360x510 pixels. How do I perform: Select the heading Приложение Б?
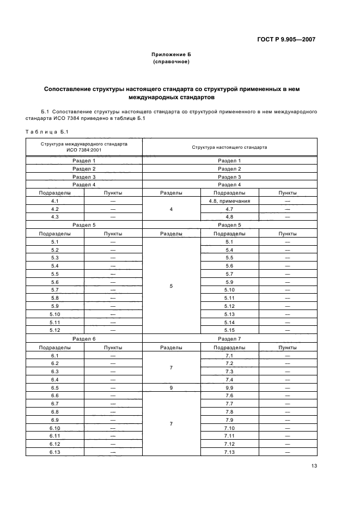[x=171, y=54]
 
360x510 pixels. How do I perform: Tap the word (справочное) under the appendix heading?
[x=171, y=62]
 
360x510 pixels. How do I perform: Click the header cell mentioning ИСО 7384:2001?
[x=83, y=147]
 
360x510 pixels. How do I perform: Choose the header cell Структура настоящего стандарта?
[x=229, y=147]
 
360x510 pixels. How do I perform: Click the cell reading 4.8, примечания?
[x=229, y=201]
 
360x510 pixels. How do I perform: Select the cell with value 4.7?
[x=229, y=209]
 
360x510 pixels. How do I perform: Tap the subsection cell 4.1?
[x=54, y=201]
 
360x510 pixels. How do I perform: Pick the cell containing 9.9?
[x=229, y=387]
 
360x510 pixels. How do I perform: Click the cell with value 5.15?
[x=229, y=330]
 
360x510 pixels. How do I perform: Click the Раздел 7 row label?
[x=229, y=338]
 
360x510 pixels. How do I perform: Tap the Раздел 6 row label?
[x=83, y=338]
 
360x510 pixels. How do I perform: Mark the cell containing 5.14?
[x=229, y=322]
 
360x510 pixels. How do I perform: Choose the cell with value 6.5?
[x=54, y=387]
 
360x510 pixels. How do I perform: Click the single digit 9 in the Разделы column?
[x=171, y=387]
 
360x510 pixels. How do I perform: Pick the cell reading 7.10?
[x=229, y=428]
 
